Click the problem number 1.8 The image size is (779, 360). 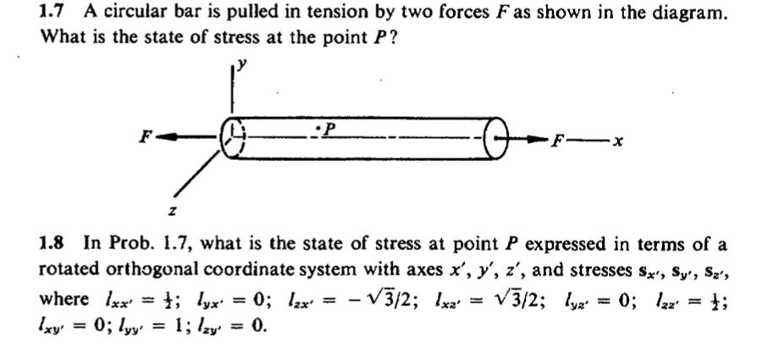[x=55, y=245]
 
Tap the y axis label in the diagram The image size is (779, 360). [x=240, y=62]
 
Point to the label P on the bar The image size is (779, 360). [x=331, y=127]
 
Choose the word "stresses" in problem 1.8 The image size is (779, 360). [x=593, y=271]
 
